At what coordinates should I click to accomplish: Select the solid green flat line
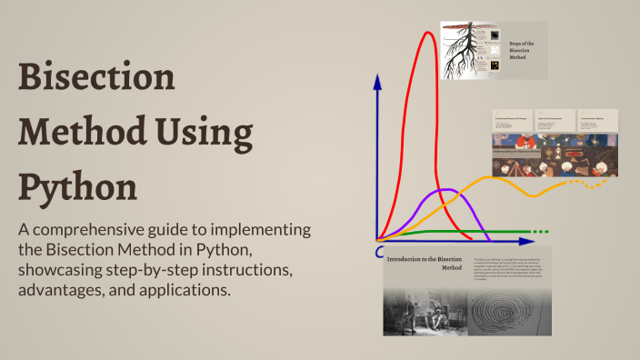(455, 233)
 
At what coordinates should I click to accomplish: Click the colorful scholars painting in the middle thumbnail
(555, 155)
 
